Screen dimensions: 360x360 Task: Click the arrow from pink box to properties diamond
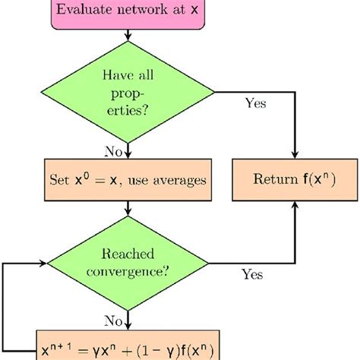coord(128,37)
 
